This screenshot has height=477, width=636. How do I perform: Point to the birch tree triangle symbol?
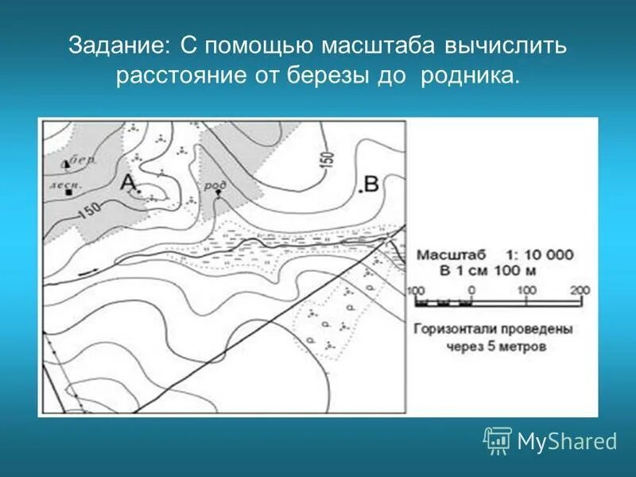(x=66, y=164)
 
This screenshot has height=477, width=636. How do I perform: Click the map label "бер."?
(x=83, y=160)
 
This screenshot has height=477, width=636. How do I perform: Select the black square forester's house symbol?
(x=70, y=192)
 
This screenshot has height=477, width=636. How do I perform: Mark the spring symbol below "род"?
(x=218, y=193)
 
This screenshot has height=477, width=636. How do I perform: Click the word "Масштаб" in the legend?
(x=452, y=255)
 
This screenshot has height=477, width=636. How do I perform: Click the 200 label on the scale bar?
(x=580, y=289)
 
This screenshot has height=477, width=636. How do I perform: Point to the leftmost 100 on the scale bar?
(x=415, y=289)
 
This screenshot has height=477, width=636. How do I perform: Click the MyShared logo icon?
(x=498, y=440)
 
